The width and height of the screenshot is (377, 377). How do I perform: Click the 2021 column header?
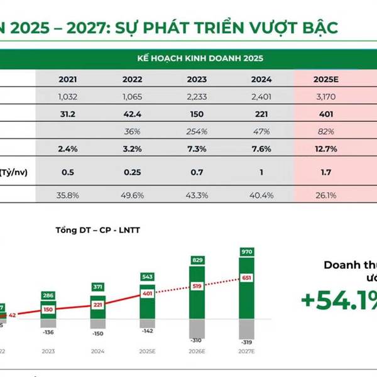point(68,79)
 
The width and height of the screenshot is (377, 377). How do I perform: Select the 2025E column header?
point(325,79)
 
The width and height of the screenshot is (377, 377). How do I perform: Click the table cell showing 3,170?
point(325,97)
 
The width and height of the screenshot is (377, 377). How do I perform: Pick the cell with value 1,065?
point(132,97)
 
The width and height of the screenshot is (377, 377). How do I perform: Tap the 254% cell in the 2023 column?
point(197,133)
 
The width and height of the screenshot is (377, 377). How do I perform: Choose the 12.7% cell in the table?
point(325,150)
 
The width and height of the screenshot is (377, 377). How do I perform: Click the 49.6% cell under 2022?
point(132,195)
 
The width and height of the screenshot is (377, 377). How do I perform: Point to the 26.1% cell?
point(325,195)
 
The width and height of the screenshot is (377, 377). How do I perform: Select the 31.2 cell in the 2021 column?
point(68,114)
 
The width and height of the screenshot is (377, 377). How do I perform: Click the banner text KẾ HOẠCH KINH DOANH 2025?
point(200,58)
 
